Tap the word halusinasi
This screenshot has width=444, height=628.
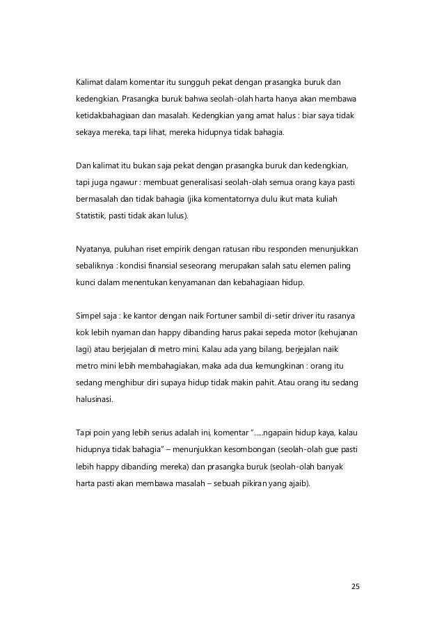(x=96, y=400)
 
